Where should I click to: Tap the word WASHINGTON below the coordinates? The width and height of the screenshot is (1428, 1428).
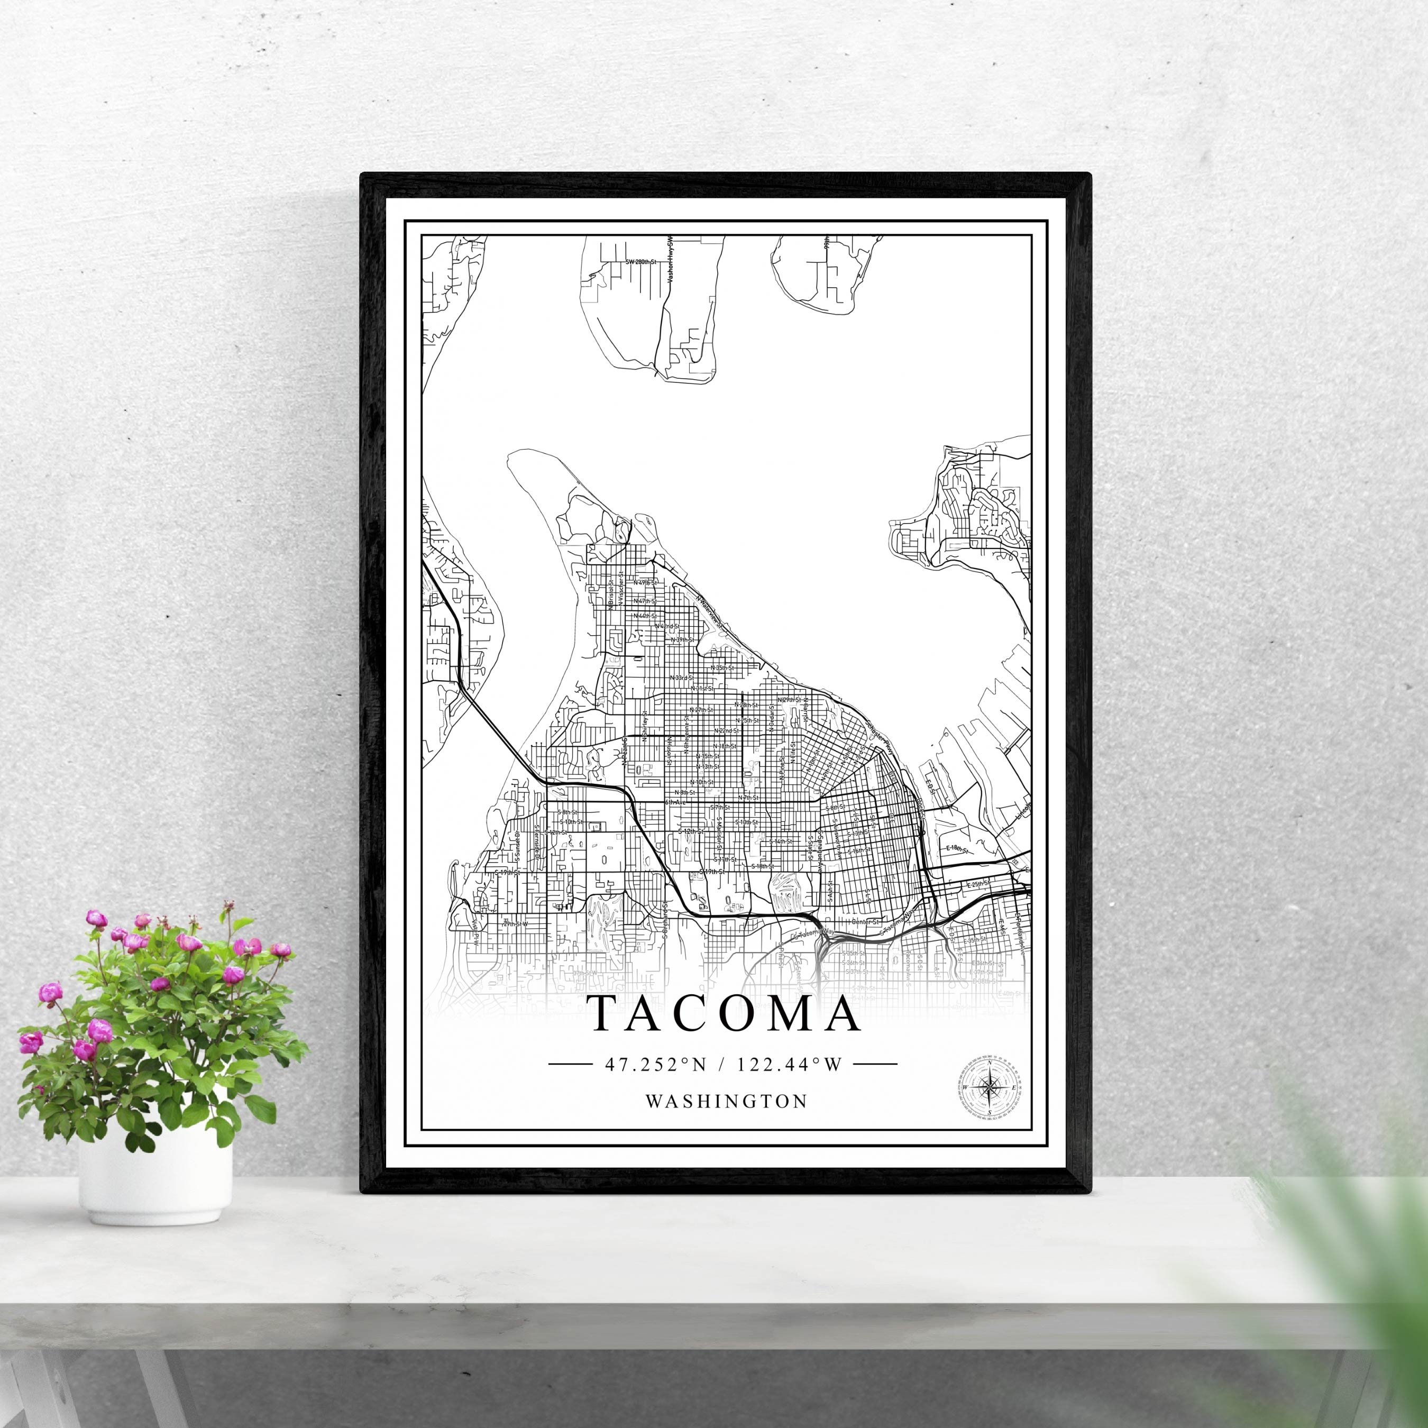pos(726,1101)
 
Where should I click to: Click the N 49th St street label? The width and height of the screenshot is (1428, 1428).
pos(645,582)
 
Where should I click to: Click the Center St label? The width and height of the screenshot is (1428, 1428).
pos(865,922)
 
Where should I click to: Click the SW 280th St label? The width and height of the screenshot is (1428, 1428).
pos(640,262)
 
